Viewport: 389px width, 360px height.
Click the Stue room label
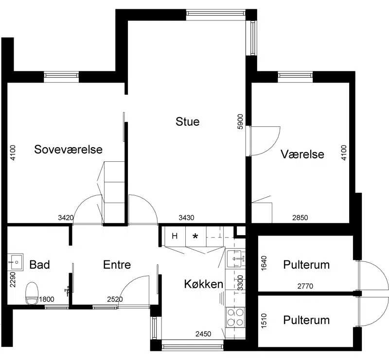(x=188, y=121)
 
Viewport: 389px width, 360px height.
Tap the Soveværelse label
(x=68, y=149)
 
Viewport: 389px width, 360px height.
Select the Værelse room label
(x=302, y=154)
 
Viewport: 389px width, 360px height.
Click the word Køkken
(x=203, y=284)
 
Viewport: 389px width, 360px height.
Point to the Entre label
(x=117, y=265)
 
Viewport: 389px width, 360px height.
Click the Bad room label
(x=39, y=265)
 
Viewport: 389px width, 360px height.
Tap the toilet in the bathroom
(x=32, y=293)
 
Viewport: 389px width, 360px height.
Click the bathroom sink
(x=15, y=262)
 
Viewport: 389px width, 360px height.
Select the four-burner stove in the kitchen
(x=235, y=317)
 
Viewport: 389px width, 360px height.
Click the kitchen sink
(x=234, y=259)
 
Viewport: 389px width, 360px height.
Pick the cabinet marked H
(x=175, y=236)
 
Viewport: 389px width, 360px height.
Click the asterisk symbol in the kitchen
(x=195, y=236)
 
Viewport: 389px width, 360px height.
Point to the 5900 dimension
(x=240, y=121)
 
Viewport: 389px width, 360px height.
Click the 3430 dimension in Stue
(x=186, y=218)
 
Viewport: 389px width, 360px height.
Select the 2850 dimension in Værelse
(x=300, y=218)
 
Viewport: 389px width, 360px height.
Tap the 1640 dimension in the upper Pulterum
(x=264, y=263)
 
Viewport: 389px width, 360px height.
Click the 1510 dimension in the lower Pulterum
(x=264, y=321)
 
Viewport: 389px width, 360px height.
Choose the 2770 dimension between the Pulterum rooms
(x=305, y=286)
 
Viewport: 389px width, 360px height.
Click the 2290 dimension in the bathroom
(x=13, y=279)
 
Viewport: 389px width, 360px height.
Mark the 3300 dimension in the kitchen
(x=240, y=283)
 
